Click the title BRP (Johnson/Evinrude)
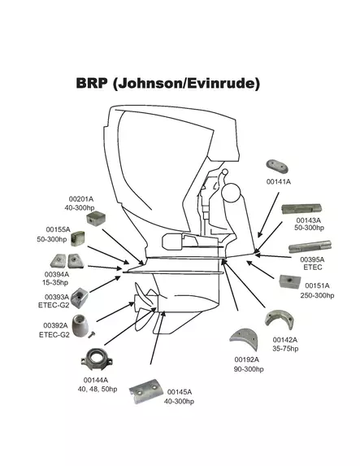[x=167, y=83]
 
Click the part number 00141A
[x=278, y=182]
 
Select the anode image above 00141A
[x=274, y=167]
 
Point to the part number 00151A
[x=318, y=286]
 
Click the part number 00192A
[x=247, y=359]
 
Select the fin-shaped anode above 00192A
[x=241, y=338]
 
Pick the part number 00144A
[x=96, y=380]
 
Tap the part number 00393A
[x=56, y=298]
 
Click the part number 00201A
[x=80, y=199]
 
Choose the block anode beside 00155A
[x=80, y=238]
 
